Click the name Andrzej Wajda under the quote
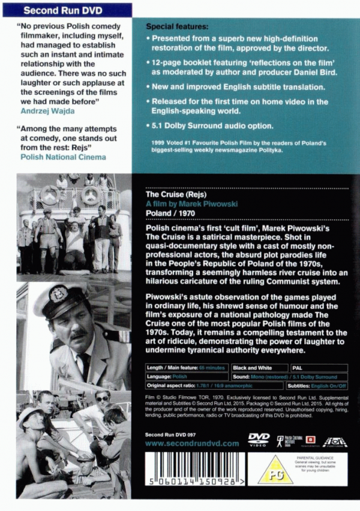[45, 110]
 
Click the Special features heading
[178, 28]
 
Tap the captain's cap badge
[59, 295]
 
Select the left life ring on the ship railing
[49, 196]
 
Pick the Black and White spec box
[253, 367]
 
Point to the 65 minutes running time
[212, 367]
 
